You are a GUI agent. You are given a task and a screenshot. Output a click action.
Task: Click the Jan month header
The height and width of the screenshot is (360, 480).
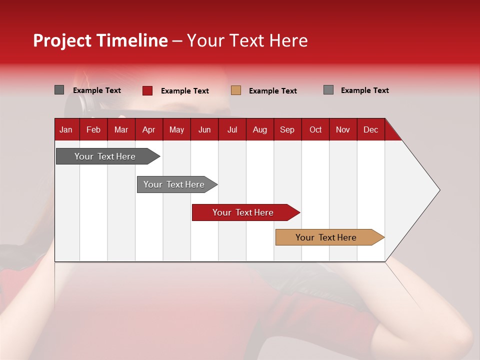pos(66,130)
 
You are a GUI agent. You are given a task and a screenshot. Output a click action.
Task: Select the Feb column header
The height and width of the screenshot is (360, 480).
pos(93,130)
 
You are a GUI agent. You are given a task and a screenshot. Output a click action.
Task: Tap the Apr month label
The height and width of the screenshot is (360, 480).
pos(149,130)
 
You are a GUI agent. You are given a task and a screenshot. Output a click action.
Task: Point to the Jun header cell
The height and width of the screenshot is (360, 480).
pos(204,130)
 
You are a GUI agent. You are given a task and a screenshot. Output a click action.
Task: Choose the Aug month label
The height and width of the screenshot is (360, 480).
pos(260,130)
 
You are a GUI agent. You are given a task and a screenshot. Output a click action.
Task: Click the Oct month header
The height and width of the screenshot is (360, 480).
pos(315,130)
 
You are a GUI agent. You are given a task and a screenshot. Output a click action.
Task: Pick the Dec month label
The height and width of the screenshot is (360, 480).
pos(370,130)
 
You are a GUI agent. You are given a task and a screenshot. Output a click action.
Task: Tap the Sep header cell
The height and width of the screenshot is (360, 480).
pos(287,130)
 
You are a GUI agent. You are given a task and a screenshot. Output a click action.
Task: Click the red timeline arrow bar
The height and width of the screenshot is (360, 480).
pos(246,212)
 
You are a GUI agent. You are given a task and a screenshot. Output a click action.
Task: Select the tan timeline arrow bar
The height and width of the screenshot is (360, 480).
pos(330,237)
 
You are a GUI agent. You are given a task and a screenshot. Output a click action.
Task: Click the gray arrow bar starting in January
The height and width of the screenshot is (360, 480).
pos(108,156)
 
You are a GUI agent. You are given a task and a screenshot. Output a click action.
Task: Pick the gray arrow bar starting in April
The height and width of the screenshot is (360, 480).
pos(177,184)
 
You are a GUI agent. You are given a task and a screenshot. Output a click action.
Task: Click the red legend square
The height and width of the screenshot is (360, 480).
pos(147,90)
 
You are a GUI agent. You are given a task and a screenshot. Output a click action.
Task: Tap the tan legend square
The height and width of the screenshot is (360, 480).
pos(235,90)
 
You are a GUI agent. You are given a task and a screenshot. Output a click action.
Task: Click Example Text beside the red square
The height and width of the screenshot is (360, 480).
pos(185,91)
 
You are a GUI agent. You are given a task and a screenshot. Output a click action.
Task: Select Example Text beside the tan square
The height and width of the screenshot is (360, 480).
pos(273,91)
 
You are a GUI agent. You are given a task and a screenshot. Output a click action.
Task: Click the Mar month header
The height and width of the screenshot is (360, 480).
pos(121,130)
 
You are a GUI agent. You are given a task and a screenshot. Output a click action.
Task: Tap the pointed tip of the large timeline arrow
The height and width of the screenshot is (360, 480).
pos(440,190)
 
